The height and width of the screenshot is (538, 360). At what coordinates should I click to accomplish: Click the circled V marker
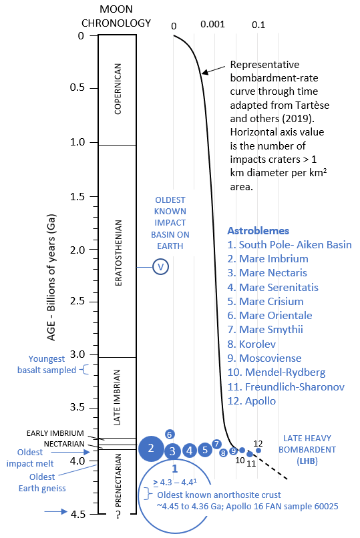[x=160, y=266]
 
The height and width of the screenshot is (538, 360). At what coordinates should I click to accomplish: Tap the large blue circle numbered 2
[x=151, y=449]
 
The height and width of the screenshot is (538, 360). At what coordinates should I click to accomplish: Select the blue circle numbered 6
[x=170, y=435]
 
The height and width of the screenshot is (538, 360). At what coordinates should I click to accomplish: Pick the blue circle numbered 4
[x=190, y=451]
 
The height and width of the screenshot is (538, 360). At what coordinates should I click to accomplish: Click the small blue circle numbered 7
[x=216, y=444]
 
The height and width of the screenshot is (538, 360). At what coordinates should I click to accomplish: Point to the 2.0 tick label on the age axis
[x=77, y=250]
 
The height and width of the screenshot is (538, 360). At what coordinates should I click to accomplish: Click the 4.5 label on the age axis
[x=77, y=514]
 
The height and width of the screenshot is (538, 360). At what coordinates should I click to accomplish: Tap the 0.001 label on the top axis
[x=212, y=24]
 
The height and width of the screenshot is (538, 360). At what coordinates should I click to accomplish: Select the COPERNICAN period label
[x=118, y=89]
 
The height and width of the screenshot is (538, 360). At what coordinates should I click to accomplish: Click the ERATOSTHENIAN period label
[x=118, y=253]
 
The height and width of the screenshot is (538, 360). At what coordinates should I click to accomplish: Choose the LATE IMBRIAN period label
[x=118, y=397]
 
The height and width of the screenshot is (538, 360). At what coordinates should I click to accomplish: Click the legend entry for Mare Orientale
[x=270, y=315]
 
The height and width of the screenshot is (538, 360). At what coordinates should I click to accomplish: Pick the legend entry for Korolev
[x=252, y=344]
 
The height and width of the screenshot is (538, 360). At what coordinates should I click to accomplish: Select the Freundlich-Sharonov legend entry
[x=286, y=386]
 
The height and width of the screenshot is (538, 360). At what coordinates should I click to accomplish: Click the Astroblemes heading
[x=258, y=230]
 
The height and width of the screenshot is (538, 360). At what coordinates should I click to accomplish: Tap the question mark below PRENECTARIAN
[x=118, y=515]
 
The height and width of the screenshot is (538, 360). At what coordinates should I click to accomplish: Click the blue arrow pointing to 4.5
[x=55, y=511]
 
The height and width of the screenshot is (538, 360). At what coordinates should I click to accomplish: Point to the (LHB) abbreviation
[x=307, y=461]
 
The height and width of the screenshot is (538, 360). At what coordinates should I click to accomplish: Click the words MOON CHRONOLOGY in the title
[x=116, y=16]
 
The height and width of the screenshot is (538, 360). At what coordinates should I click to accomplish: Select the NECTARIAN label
[x=64, y=444]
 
